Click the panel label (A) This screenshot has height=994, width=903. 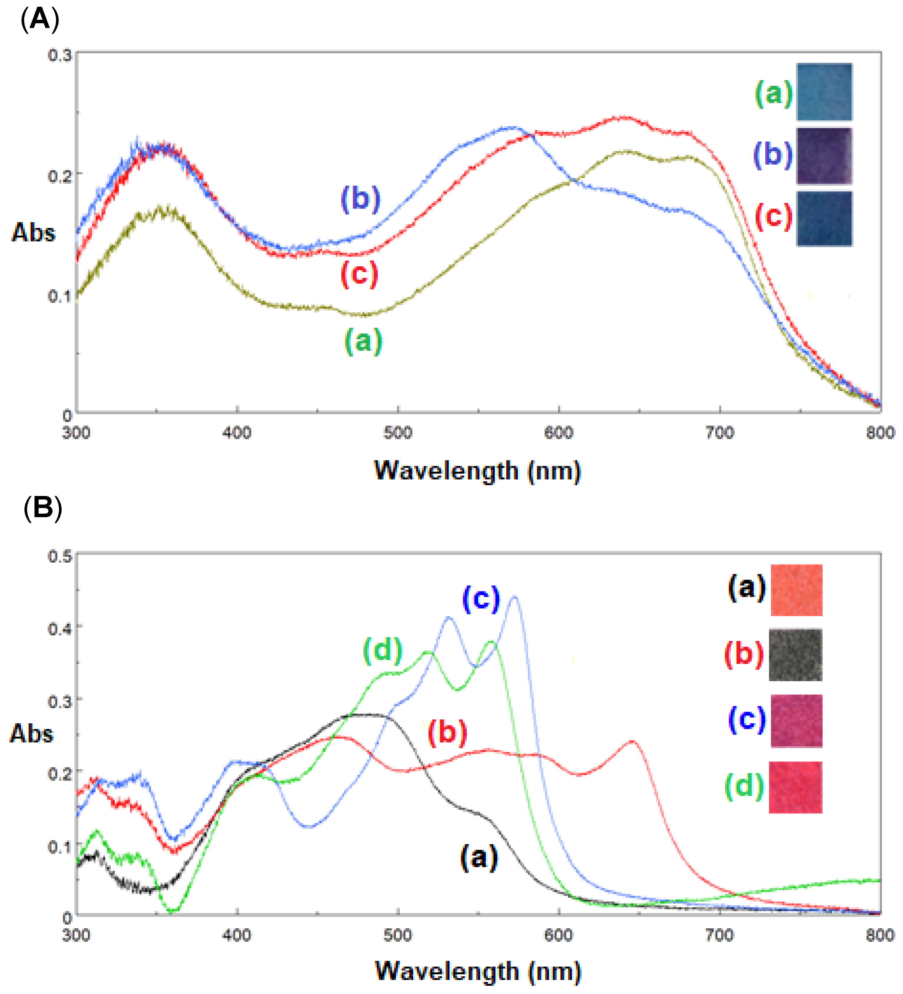click(x=40, y=20)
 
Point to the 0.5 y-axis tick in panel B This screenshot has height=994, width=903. click(x=59, y=556)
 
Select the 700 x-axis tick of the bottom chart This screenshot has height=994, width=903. click(x=719, y=935)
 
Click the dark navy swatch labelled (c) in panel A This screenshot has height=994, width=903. click(x=824, y=219)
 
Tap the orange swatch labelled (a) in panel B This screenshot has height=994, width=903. click(x=796, y=590)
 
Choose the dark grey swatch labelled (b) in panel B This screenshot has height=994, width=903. click(x=795, y=655)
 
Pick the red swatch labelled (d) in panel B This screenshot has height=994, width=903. click(x=795, y=787)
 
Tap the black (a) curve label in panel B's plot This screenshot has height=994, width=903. click(x=479, y=857)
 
